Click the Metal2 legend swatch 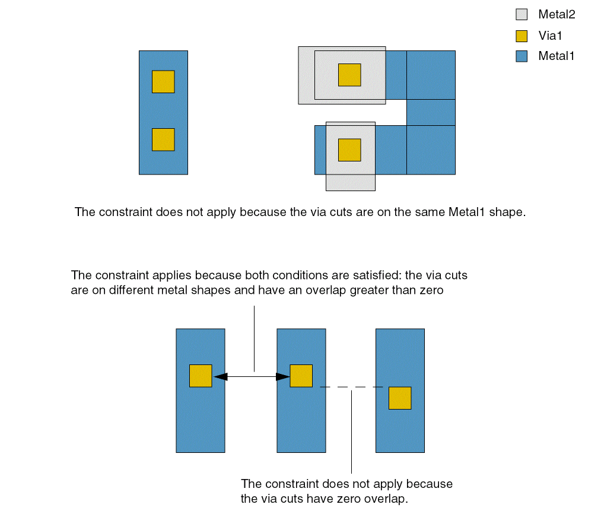click(521, 14)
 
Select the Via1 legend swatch click(521, 36)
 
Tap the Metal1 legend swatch click(521, 56)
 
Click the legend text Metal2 click(557, 14)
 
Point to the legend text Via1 click(550, 36)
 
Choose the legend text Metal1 click(557, 56)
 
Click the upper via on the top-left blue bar click(163, 82)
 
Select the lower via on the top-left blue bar click(163, 139)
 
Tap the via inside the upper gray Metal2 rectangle click(349, 75)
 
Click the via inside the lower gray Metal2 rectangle click(349, 150)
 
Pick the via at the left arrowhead click(201, 376)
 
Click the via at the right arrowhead click(301, 376)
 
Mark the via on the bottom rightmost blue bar click(400, 398)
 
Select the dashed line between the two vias click(351, 388)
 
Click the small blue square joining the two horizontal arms click(431, 112)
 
